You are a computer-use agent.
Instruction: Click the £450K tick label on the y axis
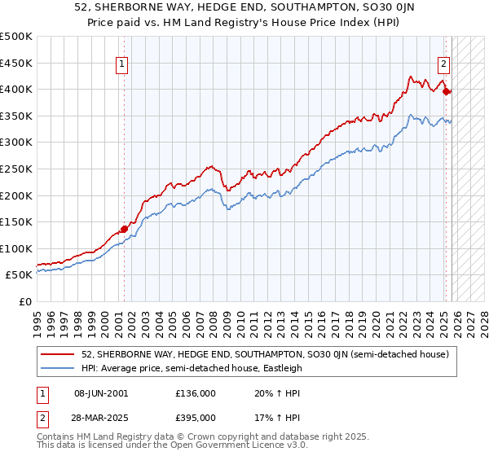coord(16,63)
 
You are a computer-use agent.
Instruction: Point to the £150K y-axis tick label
coord(16,221)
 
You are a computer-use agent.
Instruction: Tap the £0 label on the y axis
coord(25,301)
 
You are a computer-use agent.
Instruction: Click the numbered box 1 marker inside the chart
coord(122,64)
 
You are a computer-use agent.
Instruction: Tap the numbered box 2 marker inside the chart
coord(444,64)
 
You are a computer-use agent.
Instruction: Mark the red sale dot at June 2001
coord(124,229)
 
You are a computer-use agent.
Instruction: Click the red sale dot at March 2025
coord(447,92)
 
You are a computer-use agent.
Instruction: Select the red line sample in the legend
coord(58,355)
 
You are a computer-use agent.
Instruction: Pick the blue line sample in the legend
coord(58,368)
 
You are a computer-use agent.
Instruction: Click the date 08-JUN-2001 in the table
coord(100,393)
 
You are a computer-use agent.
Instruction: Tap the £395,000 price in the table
coord(196,418)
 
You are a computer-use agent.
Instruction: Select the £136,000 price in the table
coord(196,393)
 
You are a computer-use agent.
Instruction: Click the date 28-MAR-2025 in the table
coord(101,418)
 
